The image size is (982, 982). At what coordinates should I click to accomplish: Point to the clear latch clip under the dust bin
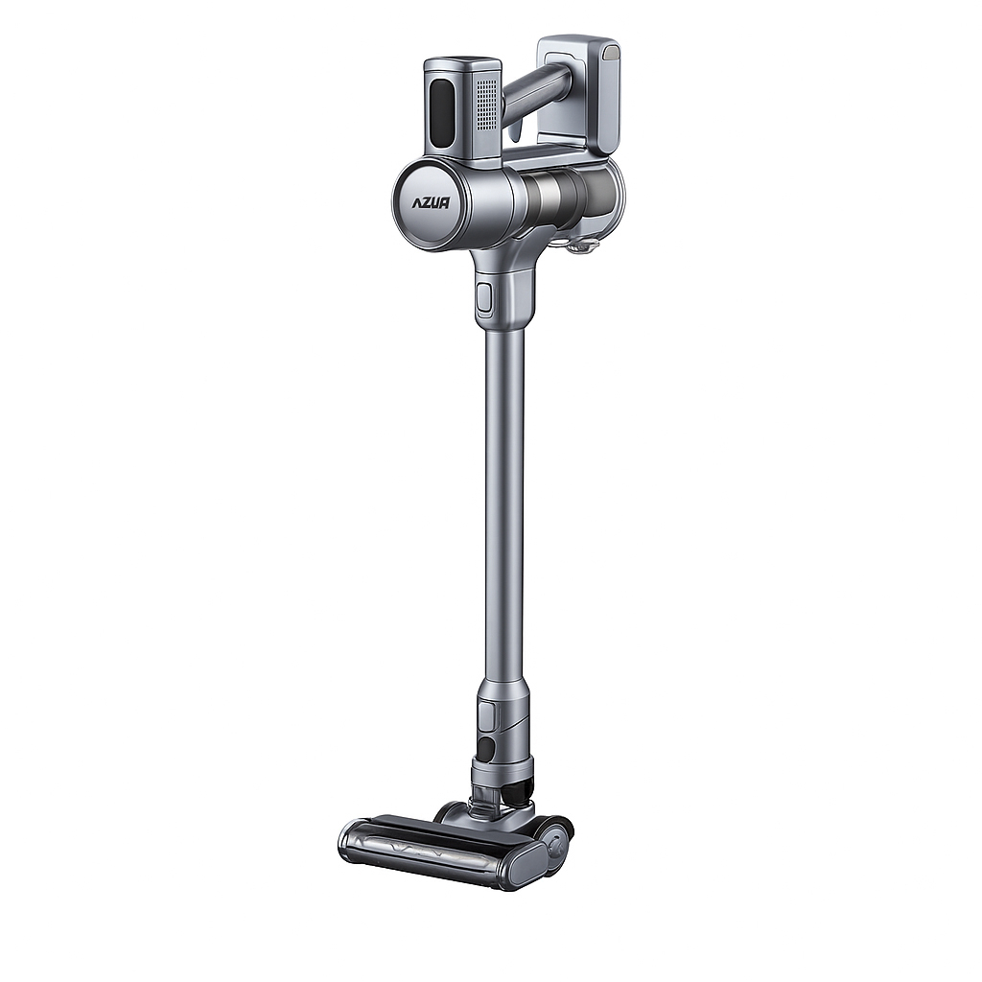click(x=580, y=247)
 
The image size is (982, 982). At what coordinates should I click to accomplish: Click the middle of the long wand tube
click(x=504, y=499)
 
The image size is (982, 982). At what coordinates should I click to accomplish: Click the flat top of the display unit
click(x=463, y=64)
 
